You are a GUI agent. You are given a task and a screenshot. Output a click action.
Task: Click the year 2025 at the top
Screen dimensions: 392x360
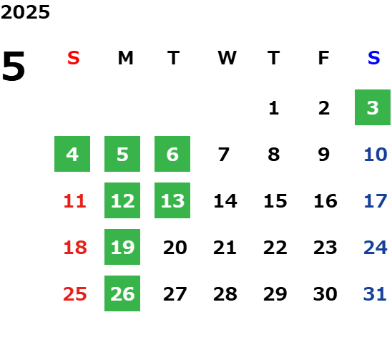25,12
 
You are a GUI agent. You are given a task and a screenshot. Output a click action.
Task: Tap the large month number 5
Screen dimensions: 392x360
14,66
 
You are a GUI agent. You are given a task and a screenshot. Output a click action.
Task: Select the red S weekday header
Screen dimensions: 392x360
74,58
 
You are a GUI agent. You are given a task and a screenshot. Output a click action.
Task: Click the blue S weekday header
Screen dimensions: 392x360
373,58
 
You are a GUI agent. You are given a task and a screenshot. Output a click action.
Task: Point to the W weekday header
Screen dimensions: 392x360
227,58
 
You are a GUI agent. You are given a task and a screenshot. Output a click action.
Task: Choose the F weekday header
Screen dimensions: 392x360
324,58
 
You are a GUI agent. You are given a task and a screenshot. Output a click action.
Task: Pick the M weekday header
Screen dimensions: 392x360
125,58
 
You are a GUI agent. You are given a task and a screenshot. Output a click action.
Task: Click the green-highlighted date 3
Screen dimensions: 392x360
373,107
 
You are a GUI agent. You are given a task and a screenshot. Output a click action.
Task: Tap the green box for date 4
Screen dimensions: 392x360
72,154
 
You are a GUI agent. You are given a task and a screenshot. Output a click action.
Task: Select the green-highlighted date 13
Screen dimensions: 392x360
172,200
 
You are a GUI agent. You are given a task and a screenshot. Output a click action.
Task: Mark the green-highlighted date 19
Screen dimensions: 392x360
122,247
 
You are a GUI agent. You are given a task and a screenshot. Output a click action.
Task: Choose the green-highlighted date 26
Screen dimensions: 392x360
122,293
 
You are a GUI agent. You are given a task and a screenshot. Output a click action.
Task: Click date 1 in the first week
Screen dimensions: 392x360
274,108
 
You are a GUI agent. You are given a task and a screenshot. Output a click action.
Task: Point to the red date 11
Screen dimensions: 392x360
75,201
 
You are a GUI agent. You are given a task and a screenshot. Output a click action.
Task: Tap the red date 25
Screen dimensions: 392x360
75,294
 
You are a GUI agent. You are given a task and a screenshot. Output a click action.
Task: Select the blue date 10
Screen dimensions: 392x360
376,155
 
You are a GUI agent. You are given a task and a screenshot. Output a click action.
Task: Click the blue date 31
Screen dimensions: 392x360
375,294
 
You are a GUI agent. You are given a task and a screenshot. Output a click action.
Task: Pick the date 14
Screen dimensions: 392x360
225,201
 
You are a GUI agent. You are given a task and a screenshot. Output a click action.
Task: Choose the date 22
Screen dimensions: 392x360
275,248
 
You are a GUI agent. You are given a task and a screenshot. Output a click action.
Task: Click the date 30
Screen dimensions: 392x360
325,294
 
